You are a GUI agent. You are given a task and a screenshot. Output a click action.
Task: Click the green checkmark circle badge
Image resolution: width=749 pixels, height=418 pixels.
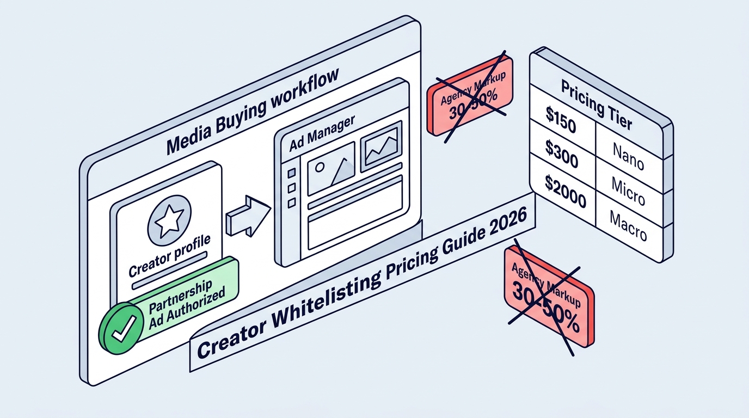pos(120,328)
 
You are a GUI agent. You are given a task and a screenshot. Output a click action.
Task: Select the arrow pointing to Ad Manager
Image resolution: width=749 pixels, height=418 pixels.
pos(248,216)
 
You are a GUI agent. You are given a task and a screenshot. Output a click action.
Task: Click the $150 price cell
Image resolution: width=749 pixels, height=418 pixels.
pos(561,119)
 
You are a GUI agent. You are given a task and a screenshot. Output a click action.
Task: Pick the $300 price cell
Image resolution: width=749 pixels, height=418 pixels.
pos(562,154)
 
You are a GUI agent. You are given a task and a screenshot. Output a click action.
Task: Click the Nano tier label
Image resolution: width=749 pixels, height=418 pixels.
pos(628,156)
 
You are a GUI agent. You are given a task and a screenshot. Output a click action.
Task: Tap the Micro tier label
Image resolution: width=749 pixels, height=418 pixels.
pos(628,191)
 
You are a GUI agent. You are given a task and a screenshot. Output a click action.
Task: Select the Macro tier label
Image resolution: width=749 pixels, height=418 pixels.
pos(628,226)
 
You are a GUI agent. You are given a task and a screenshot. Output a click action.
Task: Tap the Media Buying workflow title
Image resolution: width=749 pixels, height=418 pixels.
pos(253,112)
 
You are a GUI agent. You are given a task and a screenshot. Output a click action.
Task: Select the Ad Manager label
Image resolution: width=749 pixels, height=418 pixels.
pos(322,133)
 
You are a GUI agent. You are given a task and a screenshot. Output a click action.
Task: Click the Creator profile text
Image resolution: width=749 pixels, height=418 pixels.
pos(169,256)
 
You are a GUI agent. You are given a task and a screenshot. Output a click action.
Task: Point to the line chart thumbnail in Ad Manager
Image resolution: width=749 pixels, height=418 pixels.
pos(381,146)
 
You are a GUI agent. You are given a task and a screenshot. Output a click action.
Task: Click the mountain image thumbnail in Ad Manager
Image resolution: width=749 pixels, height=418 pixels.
pos(331,169)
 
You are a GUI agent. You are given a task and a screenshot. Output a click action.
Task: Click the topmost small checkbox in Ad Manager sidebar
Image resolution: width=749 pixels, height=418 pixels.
pos(292,173)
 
